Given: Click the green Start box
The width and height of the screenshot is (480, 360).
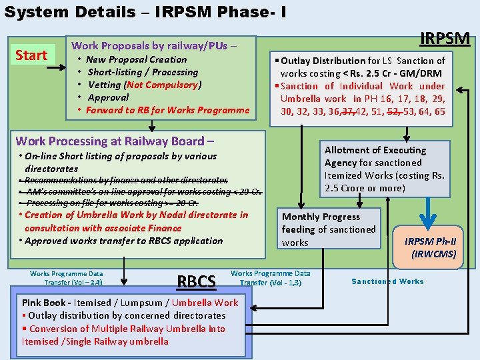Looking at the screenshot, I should click(31, 55).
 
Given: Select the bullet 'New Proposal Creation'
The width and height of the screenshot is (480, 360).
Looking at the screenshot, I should click(137, 59).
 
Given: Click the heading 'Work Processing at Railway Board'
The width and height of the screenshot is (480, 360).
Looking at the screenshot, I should click(115, 141).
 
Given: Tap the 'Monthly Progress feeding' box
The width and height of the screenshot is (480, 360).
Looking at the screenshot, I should click(330, 229).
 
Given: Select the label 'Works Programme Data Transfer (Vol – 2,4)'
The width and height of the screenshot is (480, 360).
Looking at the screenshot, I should click(67, 277).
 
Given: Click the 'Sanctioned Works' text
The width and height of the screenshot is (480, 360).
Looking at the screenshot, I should click(387, 281).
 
